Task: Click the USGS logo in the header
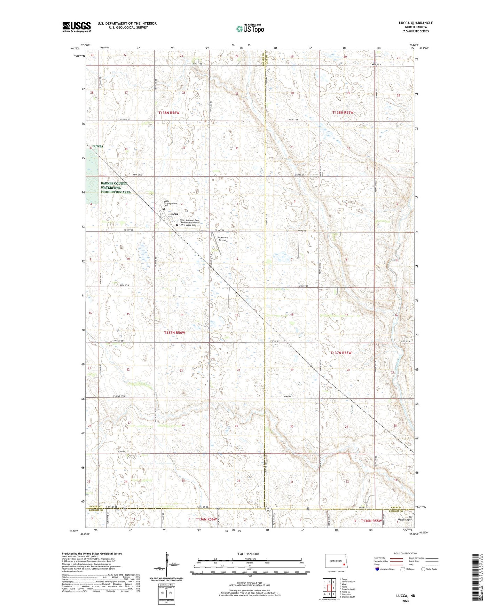pyautogui.click(x=76, y=27)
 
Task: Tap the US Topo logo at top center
pyautogui.click(x=250, y=29)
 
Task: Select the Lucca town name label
pyautogui.click(x=173, y=214)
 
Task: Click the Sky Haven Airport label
pyautogui.click(x=405, y=519)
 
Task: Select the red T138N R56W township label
pyautogui.click(x=168, y=113)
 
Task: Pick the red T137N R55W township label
pyautogui.click(x=341, y=353)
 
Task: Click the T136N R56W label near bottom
pyautogui.click(x=206, y=519)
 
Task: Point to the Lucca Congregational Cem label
pyautogui.click(x=171, y=203)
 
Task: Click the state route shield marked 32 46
pyautogui.click(x=268, y=508)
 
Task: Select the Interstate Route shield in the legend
pyautogui.click(x=378, y=569)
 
